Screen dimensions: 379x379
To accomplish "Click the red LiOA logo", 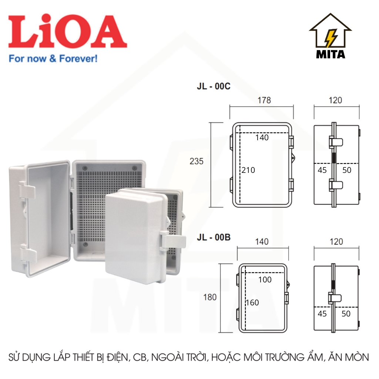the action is pos(68,31).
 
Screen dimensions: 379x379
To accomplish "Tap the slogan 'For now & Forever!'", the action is pos(53,59).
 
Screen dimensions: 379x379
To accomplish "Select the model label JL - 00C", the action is pos(214,86).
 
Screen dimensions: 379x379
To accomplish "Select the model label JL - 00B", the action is pos(214,237).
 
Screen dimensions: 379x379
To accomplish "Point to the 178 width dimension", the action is pos(264,100).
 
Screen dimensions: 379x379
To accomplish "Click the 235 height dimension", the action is pos(197,161).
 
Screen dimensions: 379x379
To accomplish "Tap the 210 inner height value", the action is pos(248,170).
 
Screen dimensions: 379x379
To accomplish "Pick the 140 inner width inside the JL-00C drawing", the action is pos(262,138).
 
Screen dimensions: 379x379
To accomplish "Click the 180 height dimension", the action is pos(210,297).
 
